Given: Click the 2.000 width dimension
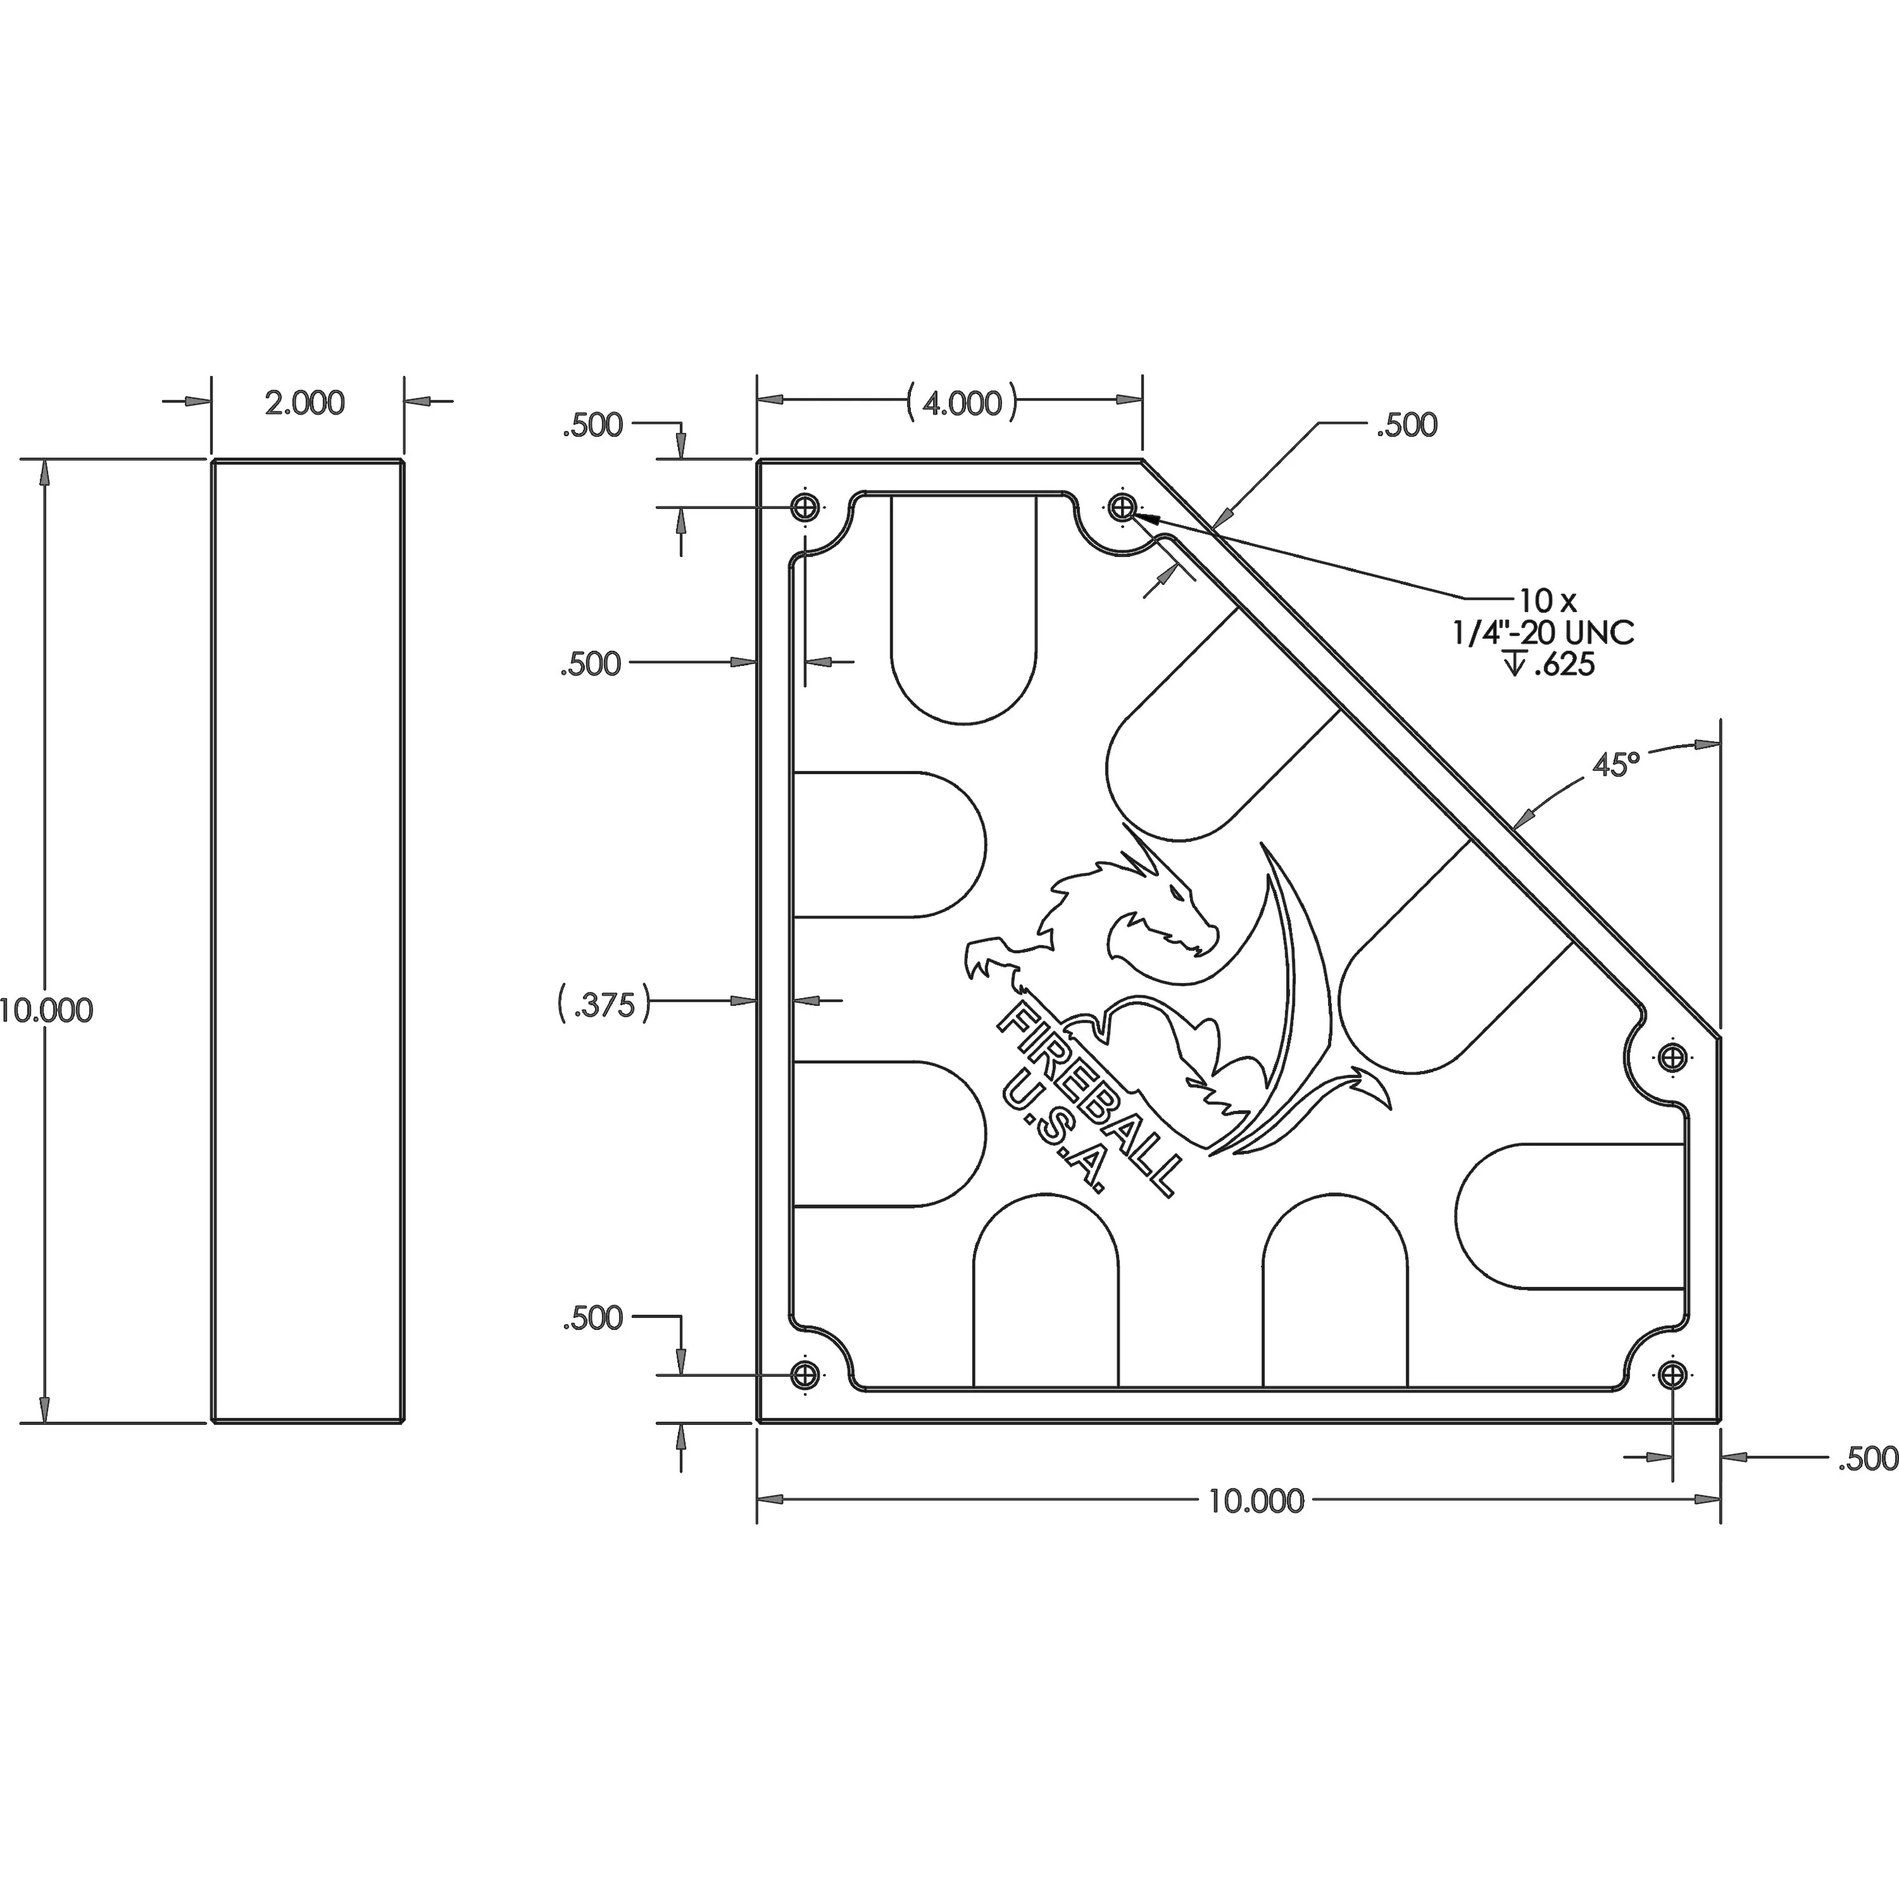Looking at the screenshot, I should click(304, 403).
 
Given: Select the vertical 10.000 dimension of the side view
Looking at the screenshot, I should click(46, 1010).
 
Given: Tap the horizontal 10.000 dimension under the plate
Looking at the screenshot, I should click(1255, 1501).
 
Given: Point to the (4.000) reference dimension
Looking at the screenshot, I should click(962, 403).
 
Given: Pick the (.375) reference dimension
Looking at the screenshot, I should click(603, 1006).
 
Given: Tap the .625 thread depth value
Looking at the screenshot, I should click(1563, 665).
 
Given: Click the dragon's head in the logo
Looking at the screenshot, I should click(1170, 919).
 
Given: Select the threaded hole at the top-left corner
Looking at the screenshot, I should click(805, 508).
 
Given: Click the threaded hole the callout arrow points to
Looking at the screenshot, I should click(1122, 508).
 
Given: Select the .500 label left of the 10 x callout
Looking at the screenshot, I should click(1407, 425).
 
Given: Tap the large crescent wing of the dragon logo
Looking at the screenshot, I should click(1302, 993).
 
